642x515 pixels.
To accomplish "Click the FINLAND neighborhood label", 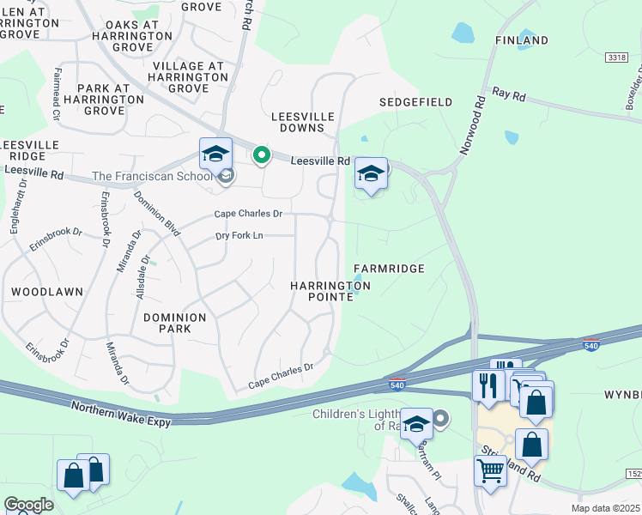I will tap(522, 40).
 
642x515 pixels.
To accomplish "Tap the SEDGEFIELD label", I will tap(416, 102).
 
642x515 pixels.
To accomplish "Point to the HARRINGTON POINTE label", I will tap(330, 291).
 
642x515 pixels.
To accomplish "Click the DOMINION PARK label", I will tap(175, 324).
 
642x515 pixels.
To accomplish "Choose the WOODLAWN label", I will tap(47, 292).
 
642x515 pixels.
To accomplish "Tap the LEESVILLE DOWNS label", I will tap(298, 121).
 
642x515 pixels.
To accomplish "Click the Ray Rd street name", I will tap(508, 95).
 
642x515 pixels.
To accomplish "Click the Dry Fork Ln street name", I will tap(239, 235).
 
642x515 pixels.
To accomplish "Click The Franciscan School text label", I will tap(151, 177).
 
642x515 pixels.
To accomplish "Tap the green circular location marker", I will tap(262, 155).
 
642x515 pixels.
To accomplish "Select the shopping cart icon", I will tap(490, 470).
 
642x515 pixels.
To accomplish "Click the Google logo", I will tap(28, 505).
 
